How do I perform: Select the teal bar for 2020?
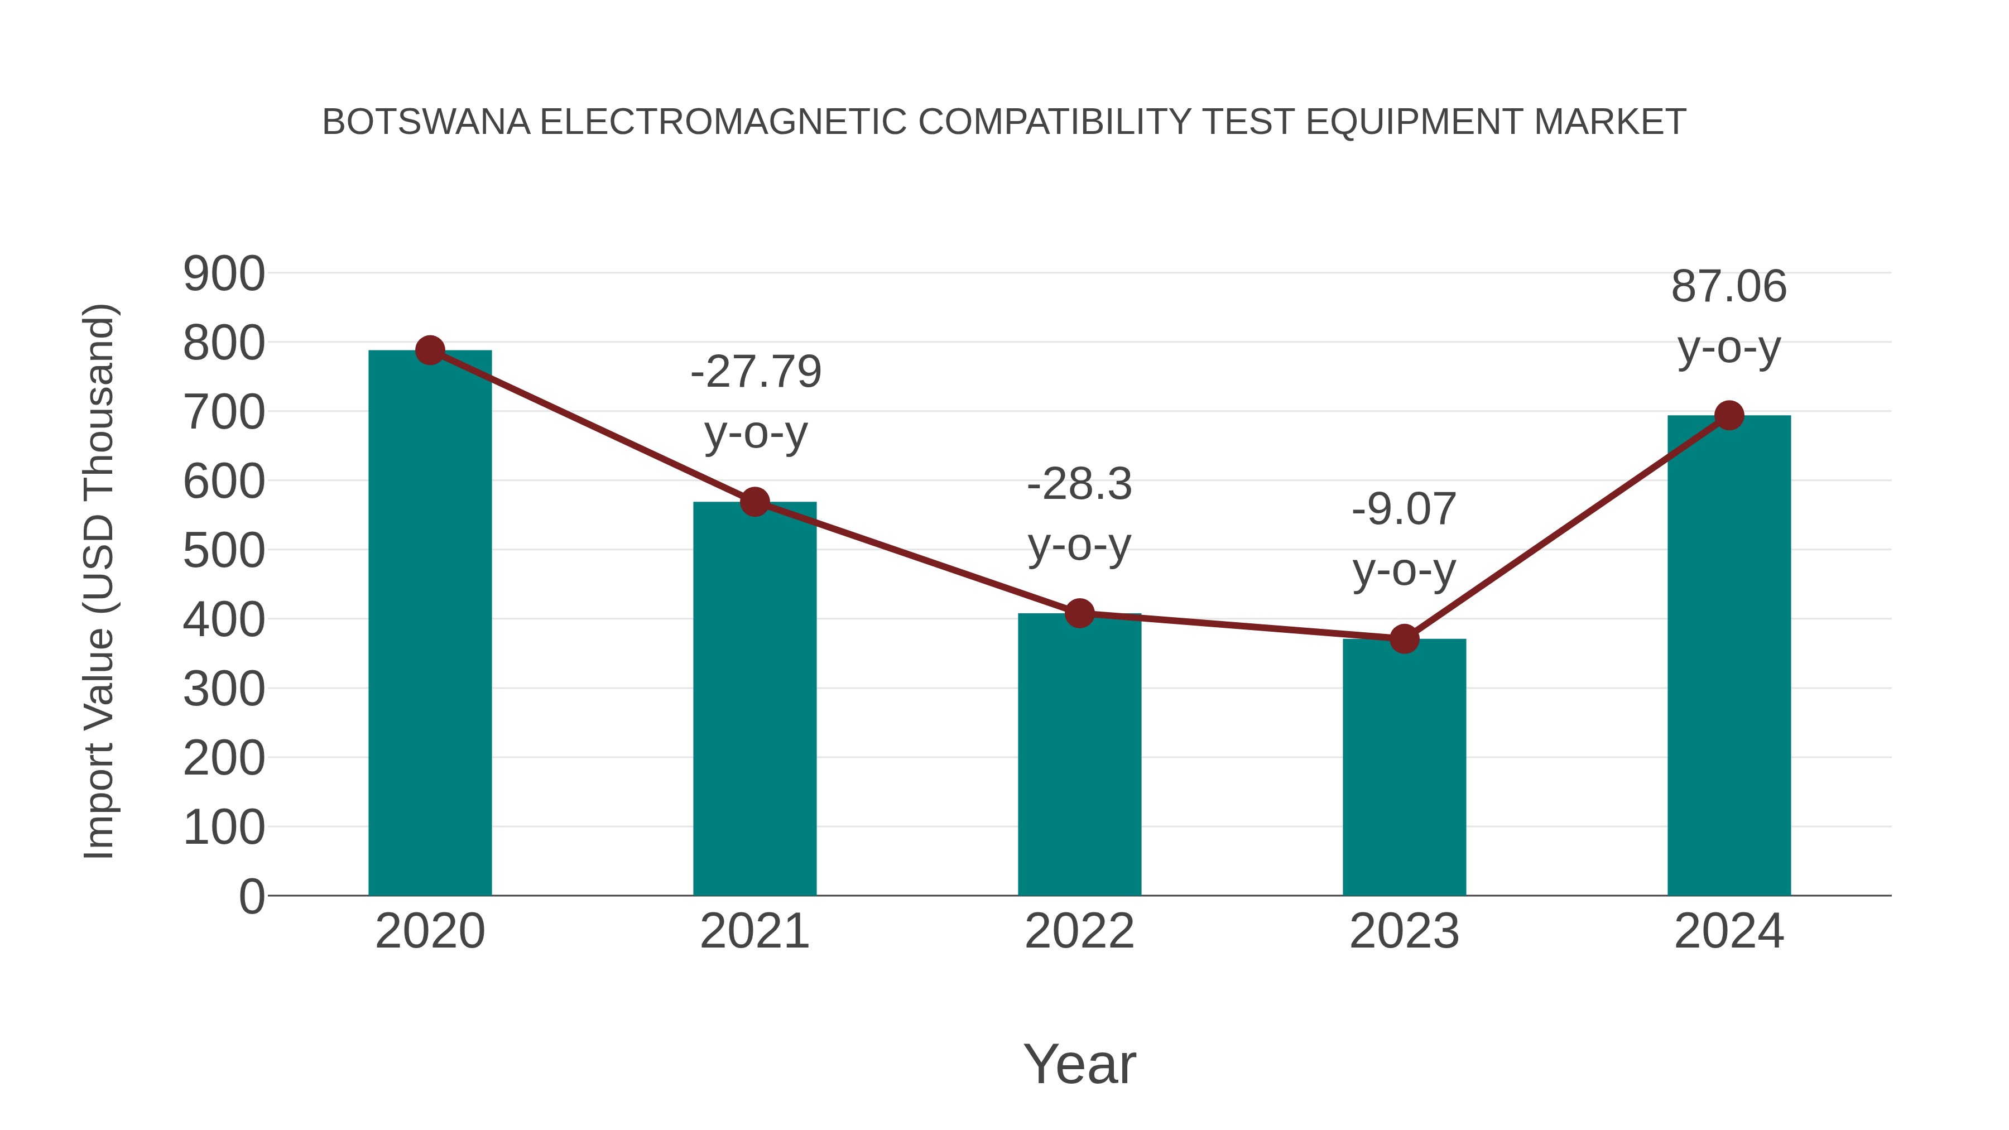[430, 624]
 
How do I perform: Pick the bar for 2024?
[1729, 655]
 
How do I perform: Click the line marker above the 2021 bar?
[755, 502]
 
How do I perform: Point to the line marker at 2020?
[430, 351]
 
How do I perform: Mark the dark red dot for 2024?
[1729, 416]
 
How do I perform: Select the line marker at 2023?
[1404, 639]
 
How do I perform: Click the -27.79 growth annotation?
[756, 372]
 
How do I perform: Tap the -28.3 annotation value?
[1079, 484]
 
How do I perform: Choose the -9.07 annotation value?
[1404, 509]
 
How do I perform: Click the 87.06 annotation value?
[1728, 286]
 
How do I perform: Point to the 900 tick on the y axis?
[224, 275]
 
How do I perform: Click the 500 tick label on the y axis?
[224, 551]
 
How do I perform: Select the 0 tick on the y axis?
[252, 897]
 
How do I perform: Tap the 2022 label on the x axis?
[1079, 931]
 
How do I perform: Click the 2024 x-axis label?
[1729, 931]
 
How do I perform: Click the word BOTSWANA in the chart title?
[426, 122]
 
